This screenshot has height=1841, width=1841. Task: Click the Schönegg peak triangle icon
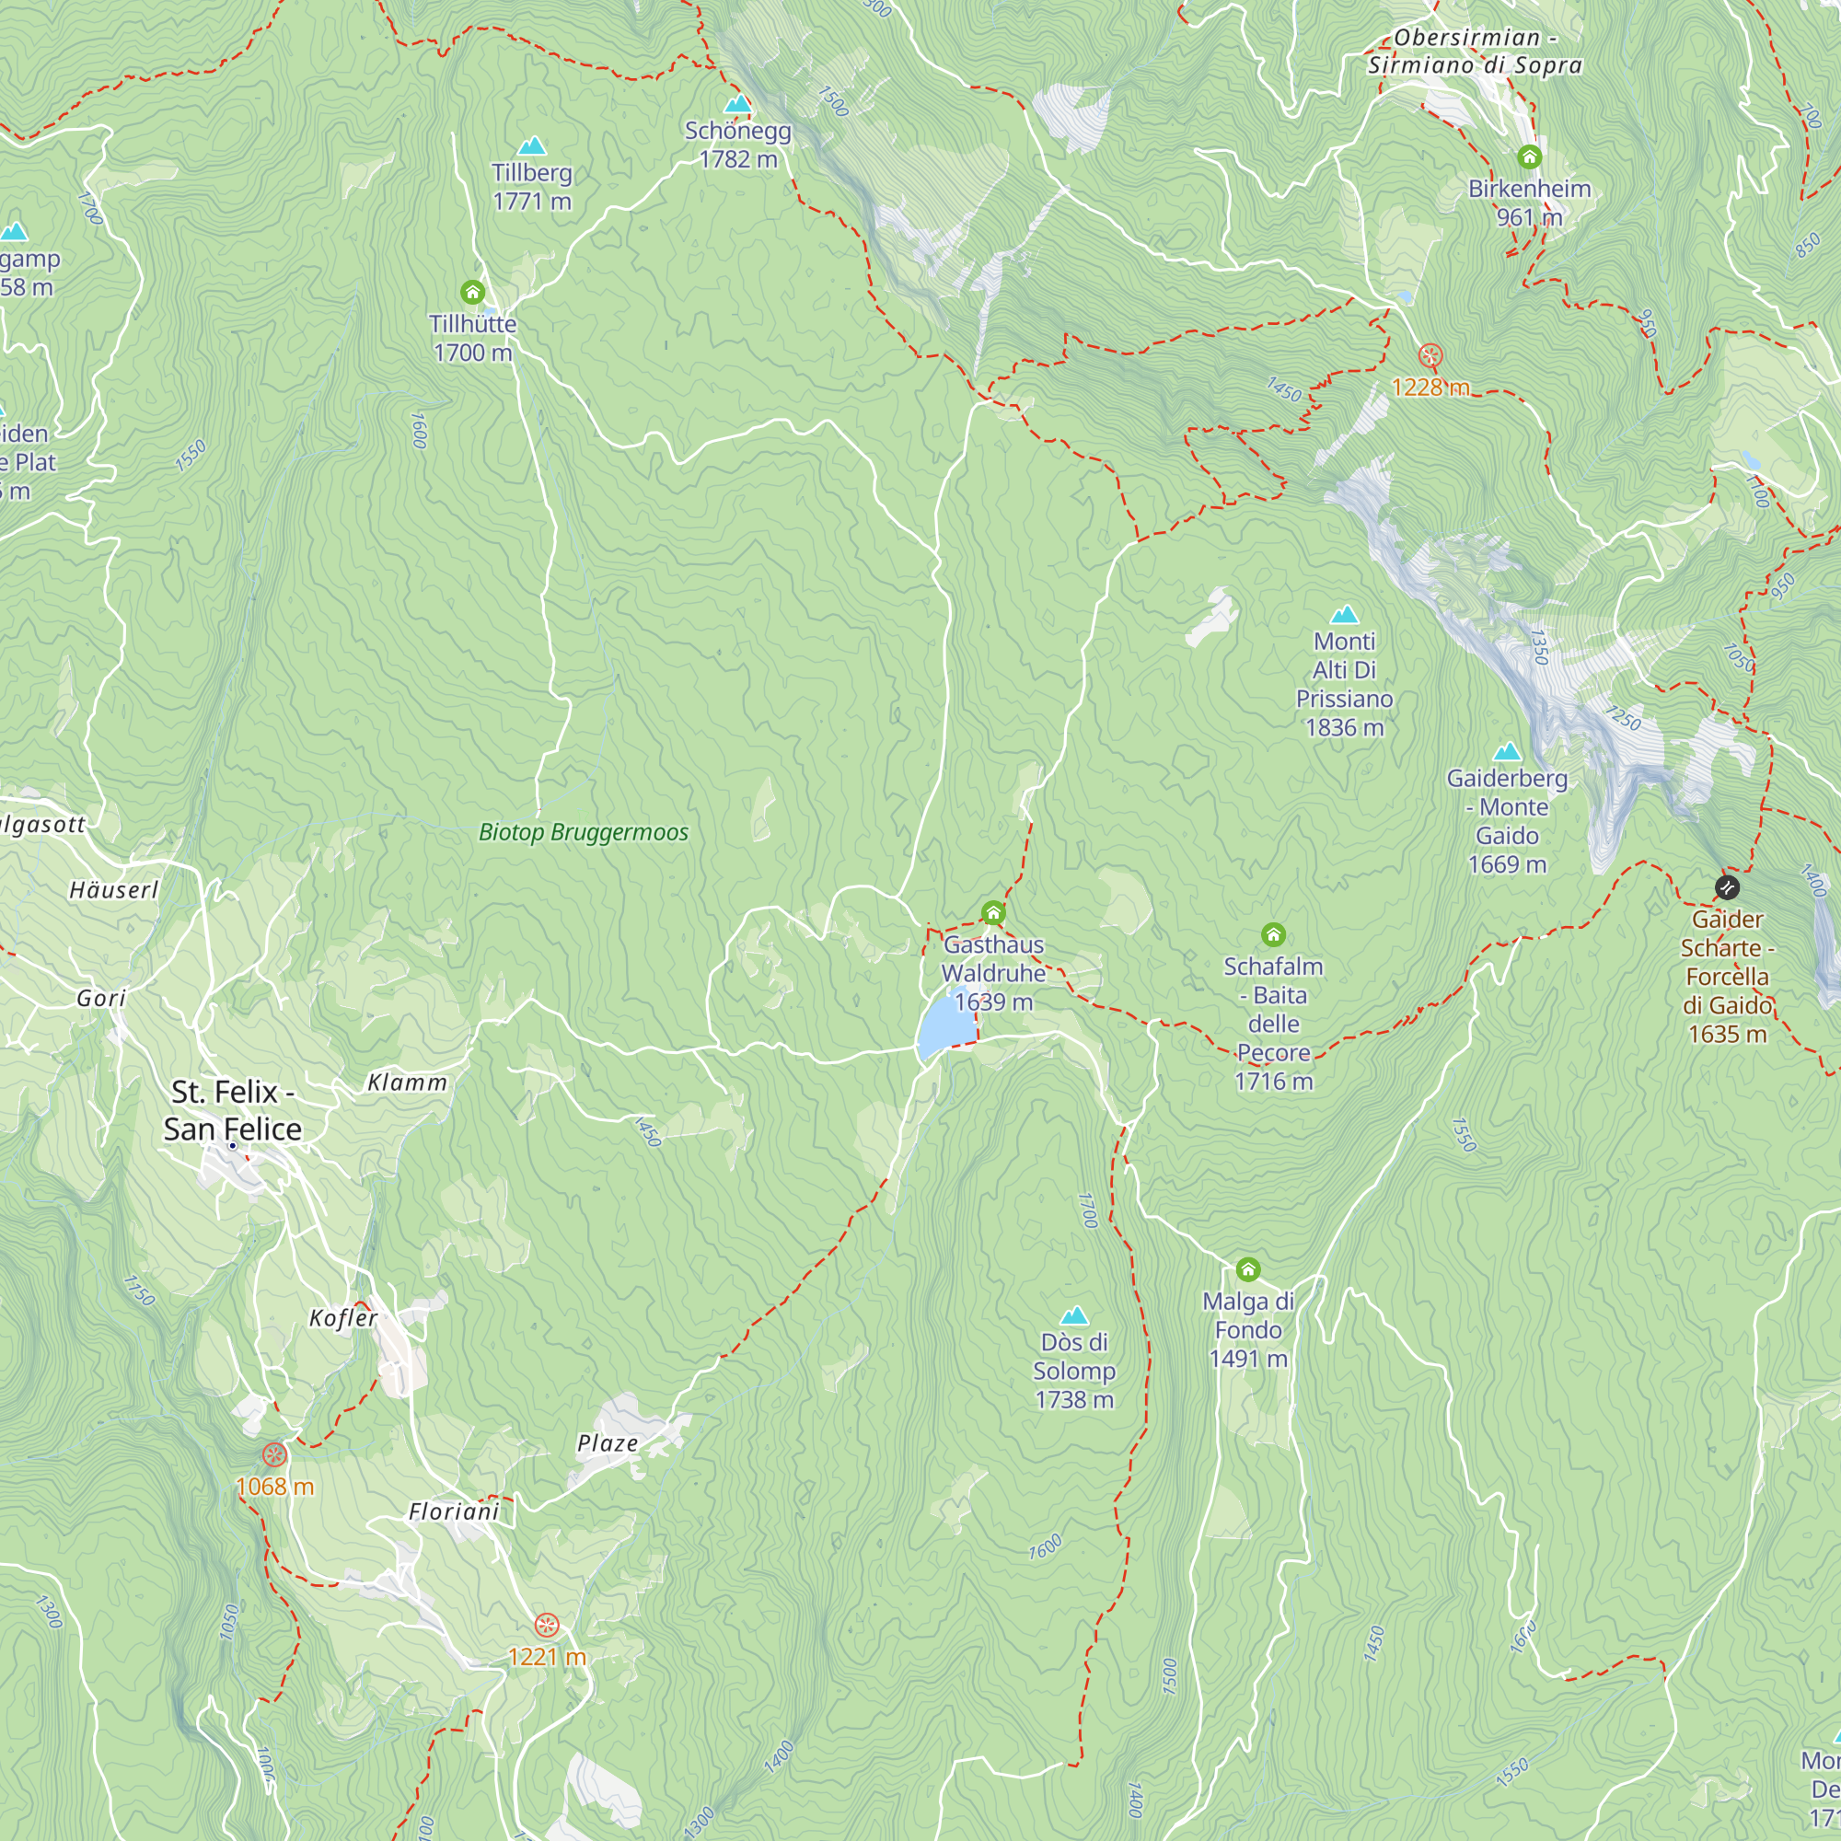(x=736, y=104)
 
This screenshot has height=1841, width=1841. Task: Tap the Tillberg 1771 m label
(x=532, y=186)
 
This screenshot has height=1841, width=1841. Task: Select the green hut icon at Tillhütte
(x=472, y=292)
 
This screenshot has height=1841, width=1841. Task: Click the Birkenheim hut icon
(x=1529, y=156)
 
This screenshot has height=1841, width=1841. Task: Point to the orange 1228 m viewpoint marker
(x=1430, y=356)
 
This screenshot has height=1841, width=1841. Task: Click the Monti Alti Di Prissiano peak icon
(x=1345, y=614)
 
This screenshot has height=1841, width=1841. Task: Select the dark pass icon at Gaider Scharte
(x=1728, y=887)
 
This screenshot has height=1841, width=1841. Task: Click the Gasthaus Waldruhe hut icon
(x=993, y=913)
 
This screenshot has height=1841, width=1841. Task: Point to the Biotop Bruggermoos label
(x=584, y=832)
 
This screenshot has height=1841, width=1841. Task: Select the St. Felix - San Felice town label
(x=232, y=1109)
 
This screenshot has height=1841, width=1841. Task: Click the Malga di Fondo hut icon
(x=1248, y=1269)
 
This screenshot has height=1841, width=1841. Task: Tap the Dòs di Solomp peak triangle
(x=1074, y=1316)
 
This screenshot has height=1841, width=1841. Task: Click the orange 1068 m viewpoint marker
(x=274, y=1455)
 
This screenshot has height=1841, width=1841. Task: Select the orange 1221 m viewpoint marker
(x=546, y=1625)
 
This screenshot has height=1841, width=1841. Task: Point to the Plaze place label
(x=607, y=1443)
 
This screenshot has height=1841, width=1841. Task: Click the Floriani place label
(x=454, y=1512)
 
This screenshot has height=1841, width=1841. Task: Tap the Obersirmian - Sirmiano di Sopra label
(x=1475, y=52)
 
